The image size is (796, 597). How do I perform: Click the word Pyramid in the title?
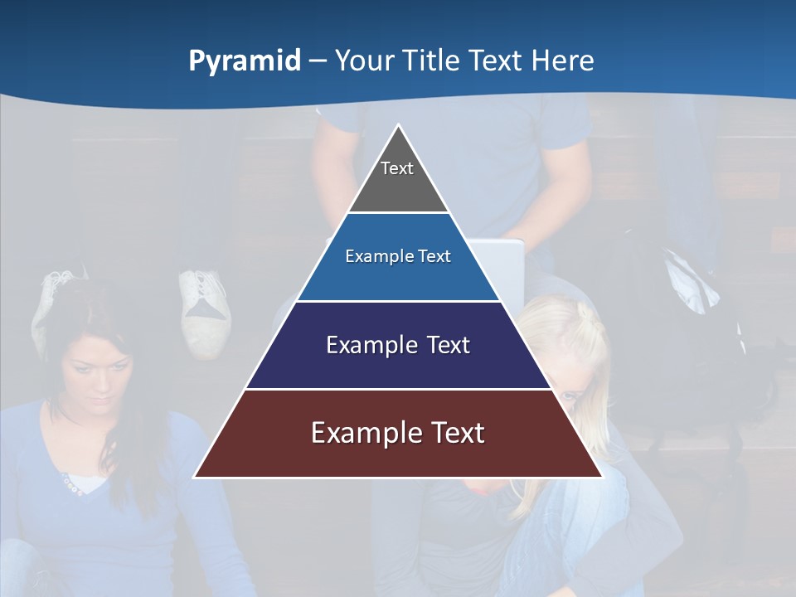245,61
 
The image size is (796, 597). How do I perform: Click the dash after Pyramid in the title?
318,61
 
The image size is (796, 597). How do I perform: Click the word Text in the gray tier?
397,168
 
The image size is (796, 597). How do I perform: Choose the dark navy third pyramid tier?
398,365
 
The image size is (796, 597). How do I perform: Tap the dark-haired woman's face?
98,374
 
